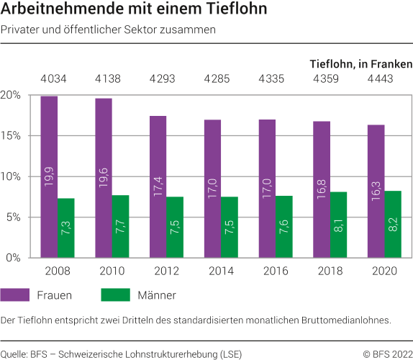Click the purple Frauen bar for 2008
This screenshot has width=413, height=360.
coord(49,176)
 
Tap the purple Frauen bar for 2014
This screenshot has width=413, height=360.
coord(212,189)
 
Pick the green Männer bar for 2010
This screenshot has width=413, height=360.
coord(119,226)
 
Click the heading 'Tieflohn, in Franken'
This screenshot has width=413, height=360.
coord(360,63)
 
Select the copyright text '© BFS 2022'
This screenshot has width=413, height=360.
coord(387,354)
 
